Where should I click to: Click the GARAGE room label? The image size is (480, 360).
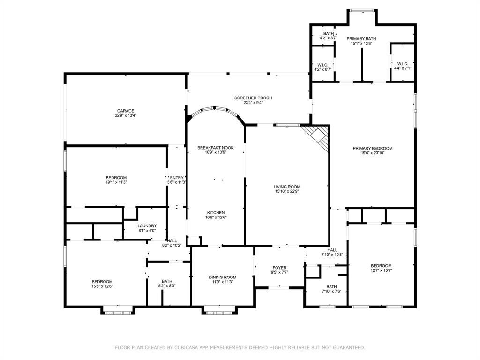(x=126, y=111)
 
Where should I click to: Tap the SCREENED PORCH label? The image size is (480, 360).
(x=253, y=98)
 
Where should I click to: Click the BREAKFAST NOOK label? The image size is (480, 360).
(x=216, y=148)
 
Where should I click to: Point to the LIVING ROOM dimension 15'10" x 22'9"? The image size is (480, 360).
(x=287, y=191)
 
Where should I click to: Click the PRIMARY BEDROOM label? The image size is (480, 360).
(x=373, y=149)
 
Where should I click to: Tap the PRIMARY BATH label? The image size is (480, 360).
(x=361, y=39)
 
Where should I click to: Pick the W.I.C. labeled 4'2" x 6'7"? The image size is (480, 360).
(x=322, y=65)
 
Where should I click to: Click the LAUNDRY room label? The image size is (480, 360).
(x=147, y=226)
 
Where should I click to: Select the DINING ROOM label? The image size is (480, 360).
(x=223, y=277)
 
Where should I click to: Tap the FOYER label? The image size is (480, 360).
(x=279, y=268)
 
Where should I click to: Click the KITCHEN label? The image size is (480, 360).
(x=216, y=213)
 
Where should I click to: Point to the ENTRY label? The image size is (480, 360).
(x=177, y=178)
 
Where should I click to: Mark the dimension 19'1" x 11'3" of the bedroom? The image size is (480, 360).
(x=116, y=182)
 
